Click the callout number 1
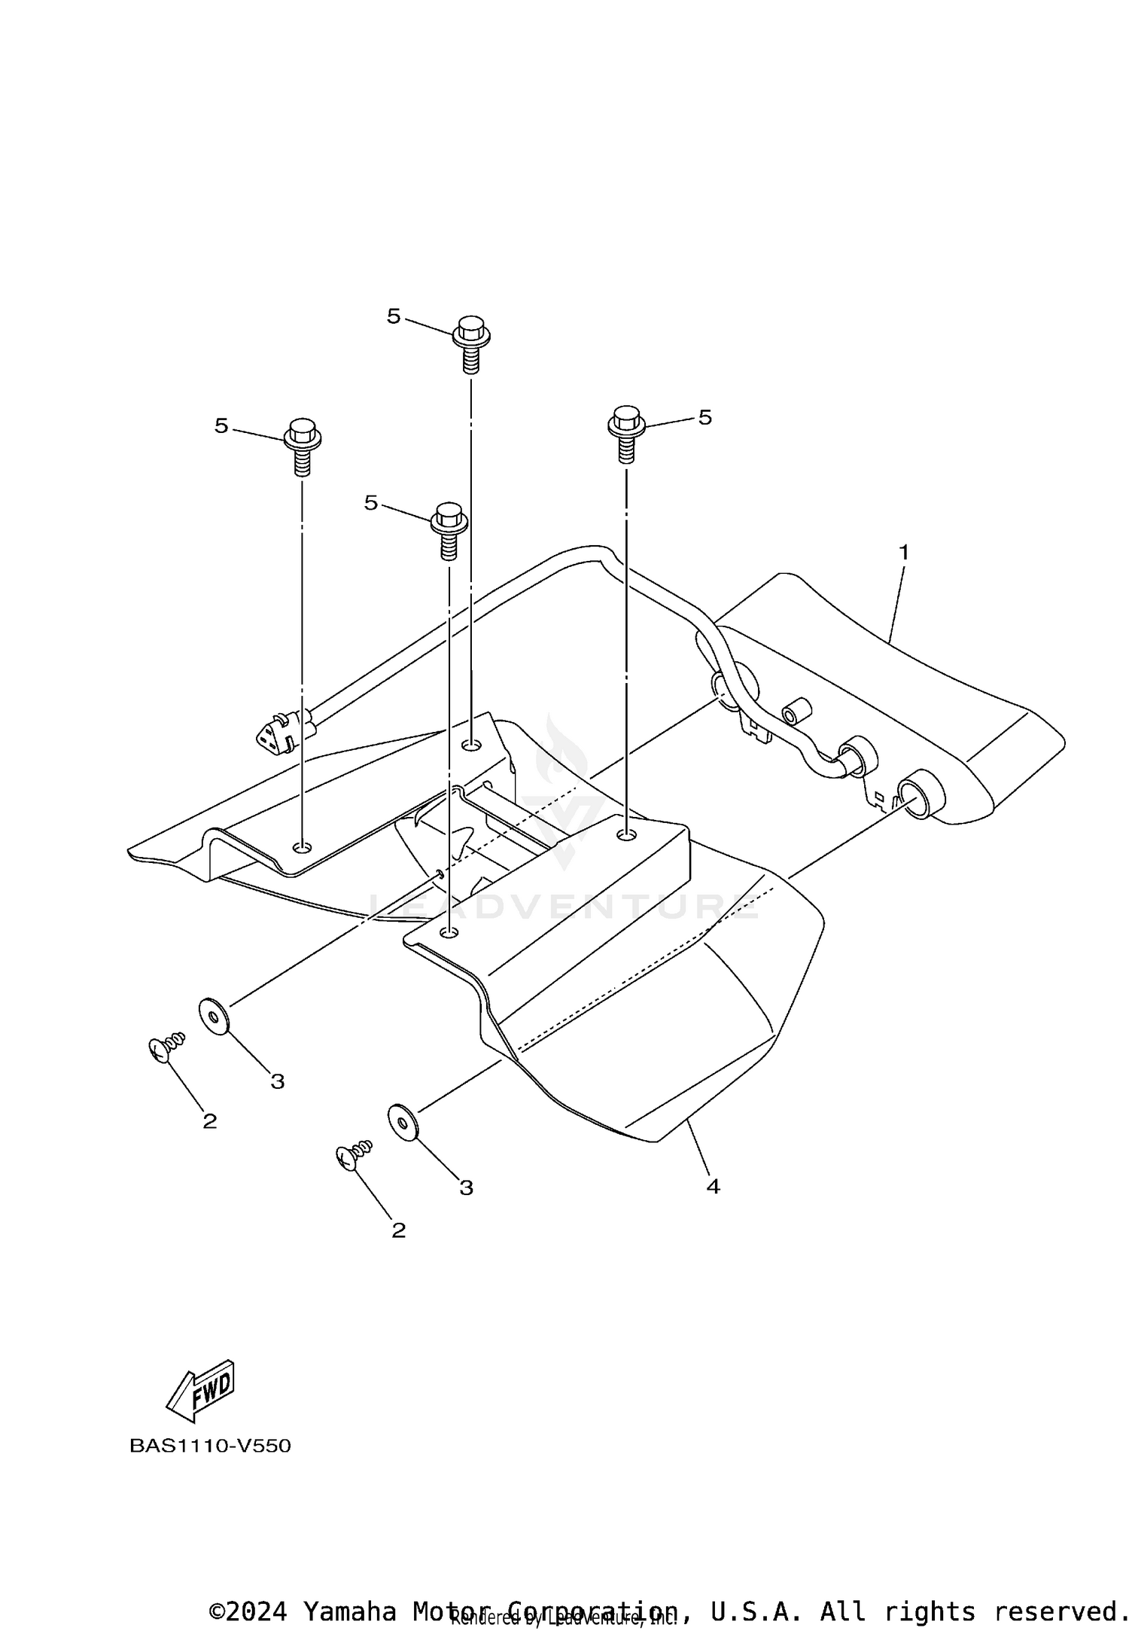[903, 552]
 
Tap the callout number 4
[713, 1187]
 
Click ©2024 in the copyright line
[248, 1606]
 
